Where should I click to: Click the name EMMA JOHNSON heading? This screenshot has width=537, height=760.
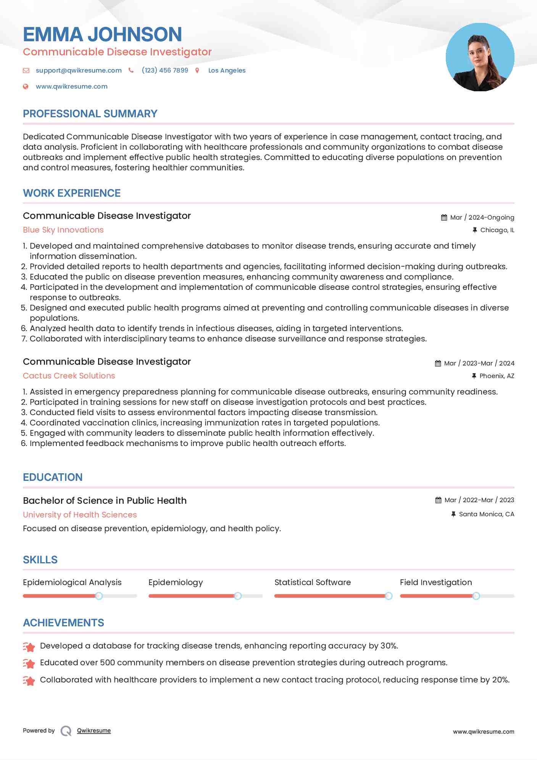click(102, 34)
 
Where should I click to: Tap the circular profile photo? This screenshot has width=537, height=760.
click(480, 57)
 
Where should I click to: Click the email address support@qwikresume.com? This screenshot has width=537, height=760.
click(79, 70)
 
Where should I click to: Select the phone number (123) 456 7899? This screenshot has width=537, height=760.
click(165, 70)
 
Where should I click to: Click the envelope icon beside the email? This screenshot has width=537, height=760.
click(26, 70)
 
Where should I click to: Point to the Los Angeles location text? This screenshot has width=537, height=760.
click(227, 70)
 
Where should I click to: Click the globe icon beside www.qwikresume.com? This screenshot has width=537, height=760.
click(26, 86)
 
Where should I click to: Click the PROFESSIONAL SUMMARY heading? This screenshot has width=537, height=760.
click(90, 114)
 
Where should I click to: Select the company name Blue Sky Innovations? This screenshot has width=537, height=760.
click(63, 230)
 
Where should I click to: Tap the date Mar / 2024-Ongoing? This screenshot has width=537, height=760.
click(482, 217)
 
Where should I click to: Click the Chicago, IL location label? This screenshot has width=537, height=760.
click(497, 230)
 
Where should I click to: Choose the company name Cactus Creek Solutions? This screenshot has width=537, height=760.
click(69, 376)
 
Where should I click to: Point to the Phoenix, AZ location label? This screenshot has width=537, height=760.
click(497, 376)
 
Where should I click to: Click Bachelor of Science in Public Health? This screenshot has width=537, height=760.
click(105, 501)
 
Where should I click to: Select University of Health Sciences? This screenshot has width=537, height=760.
click(80, 515)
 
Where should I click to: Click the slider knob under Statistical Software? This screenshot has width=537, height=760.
click(389, 596)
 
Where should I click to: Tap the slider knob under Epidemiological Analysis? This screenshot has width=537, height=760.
click(99, 596)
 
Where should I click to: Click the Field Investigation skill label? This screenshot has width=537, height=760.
click(436, 582)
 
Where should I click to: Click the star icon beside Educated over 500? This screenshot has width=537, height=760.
click(29, 663)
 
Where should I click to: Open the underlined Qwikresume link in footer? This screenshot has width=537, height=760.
click(94, 731)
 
